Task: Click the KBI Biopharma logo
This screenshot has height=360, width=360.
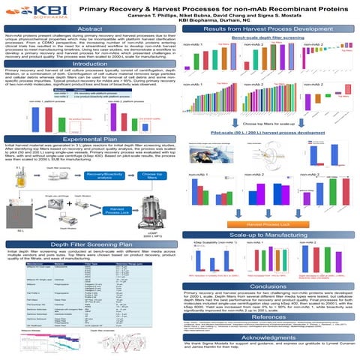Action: (x=31, y=13)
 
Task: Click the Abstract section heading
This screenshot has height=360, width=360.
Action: (x=90, y=28)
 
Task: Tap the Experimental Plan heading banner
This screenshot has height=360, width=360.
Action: (x=90, y=139)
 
